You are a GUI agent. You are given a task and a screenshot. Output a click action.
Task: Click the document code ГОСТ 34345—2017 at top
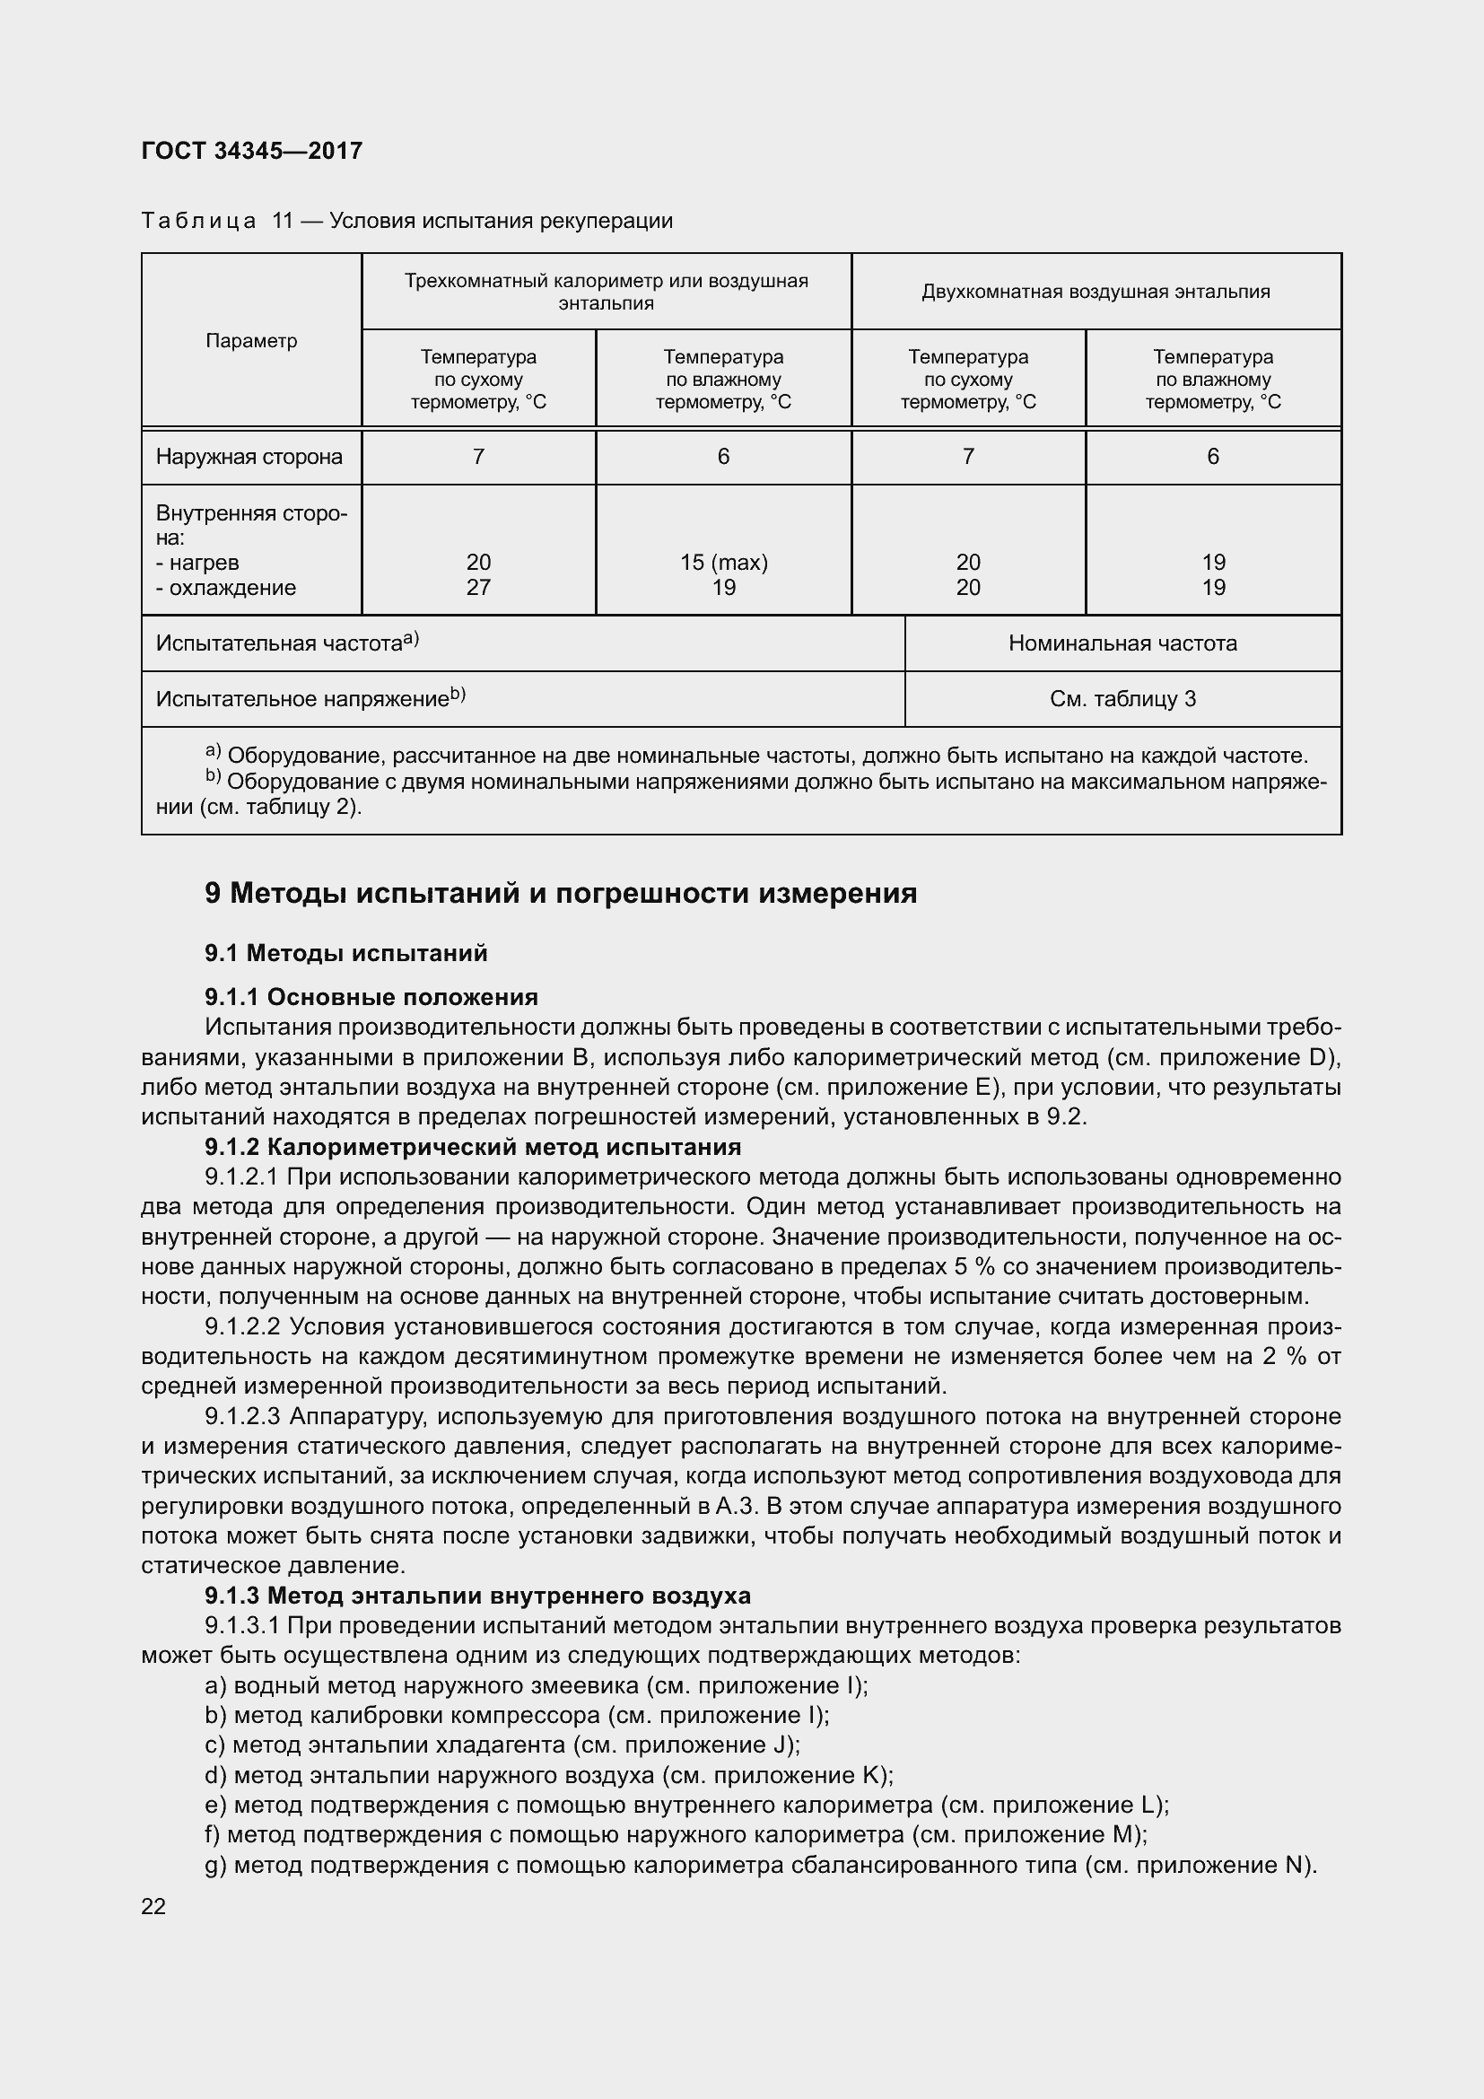pos(252,151)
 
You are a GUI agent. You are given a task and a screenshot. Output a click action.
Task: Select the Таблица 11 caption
pos(406,222)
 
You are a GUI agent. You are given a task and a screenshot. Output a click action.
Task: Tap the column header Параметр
pos(251,341)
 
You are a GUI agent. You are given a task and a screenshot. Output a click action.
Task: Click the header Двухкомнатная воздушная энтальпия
pos(1095,292)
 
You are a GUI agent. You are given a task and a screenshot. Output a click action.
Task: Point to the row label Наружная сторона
pos(249,457)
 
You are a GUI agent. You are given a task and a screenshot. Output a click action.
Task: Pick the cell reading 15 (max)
pos(723,563)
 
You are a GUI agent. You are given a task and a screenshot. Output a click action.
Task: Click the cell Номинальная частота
pos(1122,643)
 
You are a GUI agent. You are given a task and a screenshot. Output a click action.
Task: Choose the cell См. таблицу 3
pos(1122,699)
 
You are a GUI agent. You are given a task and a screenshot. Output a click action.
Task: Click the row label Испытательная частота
pos(285,643)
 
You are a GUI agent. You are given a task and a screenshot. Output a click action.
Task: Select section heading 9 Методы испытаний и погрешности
pos(560,893)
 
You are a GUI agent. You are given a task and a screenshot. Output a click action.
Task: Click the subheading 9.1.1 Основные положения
pos(371,996)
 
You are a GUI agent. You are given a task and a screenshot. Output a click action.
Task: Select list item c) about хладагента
pos(502,1745)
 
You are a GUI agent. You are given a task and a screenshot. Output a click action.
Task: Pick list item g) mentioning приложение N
pos(759,1865)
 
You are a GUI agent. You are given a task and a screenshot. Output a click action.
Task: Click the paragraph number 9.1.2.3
pos(241,1416)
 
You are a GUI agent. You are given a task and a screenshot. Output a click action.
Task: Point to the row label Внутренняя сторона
pos(250,525)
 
